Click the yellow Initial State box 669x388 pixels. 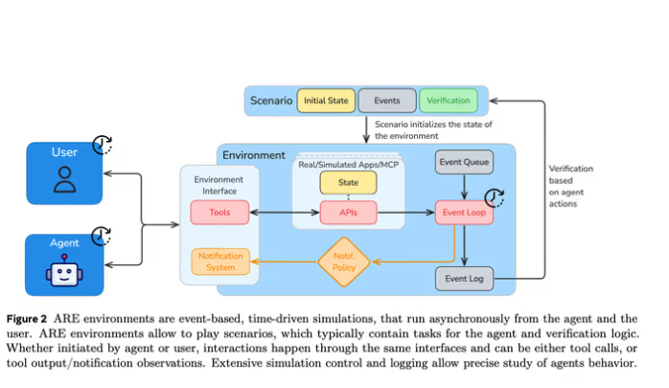pyautogui.click(x=325, y=100)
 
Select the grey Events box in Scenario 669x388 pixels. pyautogui.click(x=387, y=100)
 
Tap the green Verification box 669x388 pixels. pyautogui.click(x=449, y=100)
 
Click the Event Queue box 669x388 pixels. pyautogui.click(x=465, y=162)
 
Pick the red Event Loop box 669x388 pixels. pyautogui.click(x=465, y=213)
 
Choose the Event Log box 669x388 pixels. pyautogui.click(x=465, y=280)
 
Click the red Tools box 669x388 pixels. pyautogui.click(x=220, y=212)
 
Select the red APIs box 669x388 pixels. pyautogui.click(x=349, y=213)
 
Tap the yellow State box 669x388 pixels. pyautogui.click(x=349, y=181)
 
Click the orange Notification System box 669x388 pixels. pyautogui.click(x=220, y=261)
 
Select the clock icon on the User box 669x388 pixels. pyautogui.click(x=103, y=146)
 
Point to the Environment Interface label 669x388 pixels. pyautogui.click(x=219, y=184)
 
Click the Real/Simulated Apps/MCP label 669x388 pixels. pyautogui.click(x=349, y=164)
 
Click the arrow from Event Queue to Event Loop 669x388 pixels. pyautogui.click(x=465, y=187)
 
